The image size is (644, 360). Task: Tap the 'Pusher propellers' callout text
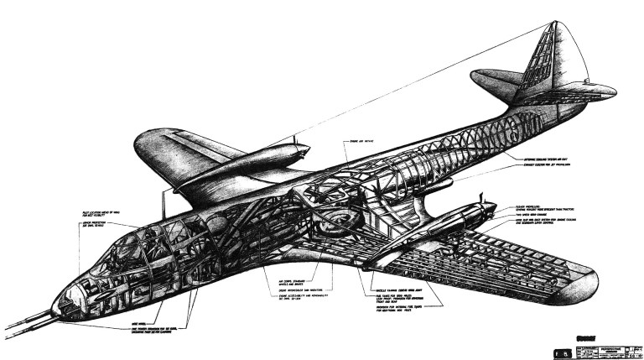tap(545, 205)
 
